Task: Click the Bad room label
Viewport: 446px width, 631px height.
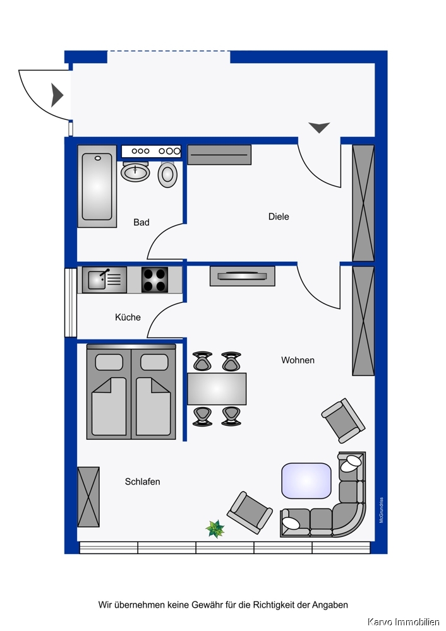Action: tap(142, 222)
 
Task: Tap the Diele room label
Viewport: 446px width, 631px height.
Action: tap(279, 216)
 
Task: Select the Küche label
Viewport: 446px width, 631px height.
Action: tap(128, 317)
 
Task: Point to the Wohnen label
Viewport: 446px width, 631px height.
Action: tap(298, 360)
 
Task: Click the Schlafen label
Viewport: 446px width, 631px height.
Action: tap(142, 481)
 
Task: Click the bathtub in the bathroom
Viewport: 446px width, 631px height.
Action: tap(97, 186)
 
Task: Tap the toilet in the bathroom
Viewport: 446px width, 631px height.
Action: tap(167, 174)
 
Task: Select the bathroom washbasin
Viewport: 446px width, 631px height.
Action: tap(135, 172)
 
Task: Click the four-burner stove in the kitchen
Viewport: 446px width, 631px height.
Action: tap(155, 280)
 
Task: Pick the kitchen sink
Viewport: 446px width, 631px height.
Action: tap(104, 280)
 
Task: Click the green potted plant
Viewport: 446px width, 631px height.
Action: tap(215, 529)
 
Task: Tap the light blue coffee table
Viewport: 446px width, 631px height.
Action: tap(306, 480)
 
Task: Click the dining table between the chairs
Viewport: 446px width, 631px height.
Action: tap(217, 389)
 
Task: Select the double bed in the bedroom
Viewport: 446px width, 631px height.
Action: tap(131, 392)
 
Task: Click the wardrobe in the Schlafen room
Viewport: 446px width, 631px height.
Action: tap(88, 497)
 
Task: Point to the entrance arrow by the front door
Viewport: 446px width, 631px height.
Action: tap(58, 95)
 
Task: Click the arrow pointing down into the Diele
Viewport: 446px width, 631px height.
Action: tap(319, 127)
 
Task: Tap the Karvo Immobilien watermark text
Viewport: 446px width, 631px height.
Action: tap(404, 622)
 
